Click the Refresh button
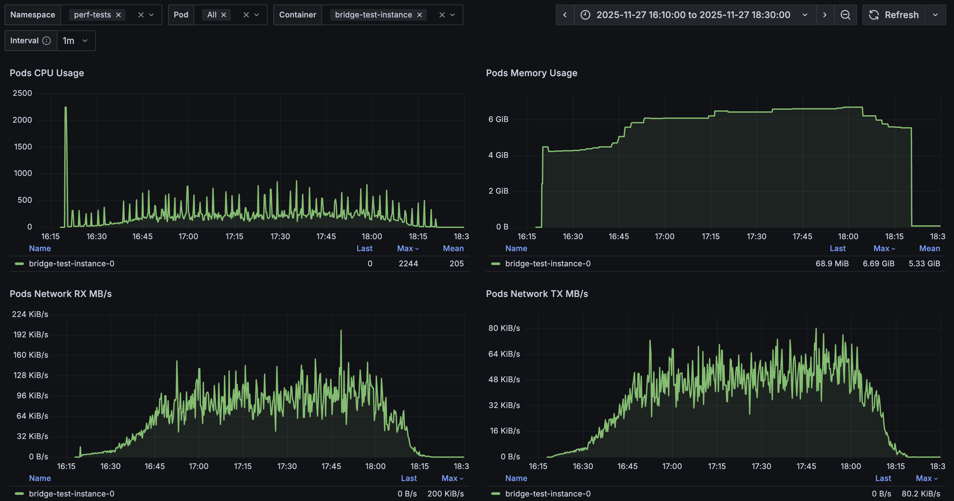point(894,15)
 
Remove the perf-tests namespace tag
point(118,15)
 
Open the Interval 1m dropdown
point(76,41)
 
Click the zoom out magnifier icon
point(845,15)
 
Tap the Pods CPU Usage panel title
point(47,73)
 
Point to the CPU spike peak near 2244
point(66,108)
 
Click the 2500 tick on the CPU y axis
point(23,93)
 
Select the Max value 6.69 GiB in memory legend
point(878,263)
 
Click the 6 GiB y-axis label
point(498,119)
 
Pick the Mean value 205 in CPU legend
point(456,263)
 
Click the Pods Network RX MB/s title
point(61,294)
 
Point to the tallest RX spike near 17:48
point(341,331)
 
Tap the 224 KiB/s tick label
point(30,314)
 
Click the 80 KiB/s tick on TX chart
point(504,328)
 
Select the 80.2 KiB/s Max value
point(921,494)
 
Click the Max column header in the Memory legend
point(883,248)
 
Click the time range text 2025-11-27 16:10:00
point(693,15)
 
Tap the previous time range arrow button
point(565,15)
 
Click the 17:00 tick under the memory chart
point(665,236)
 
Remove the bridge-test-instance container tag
point(420,15)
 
